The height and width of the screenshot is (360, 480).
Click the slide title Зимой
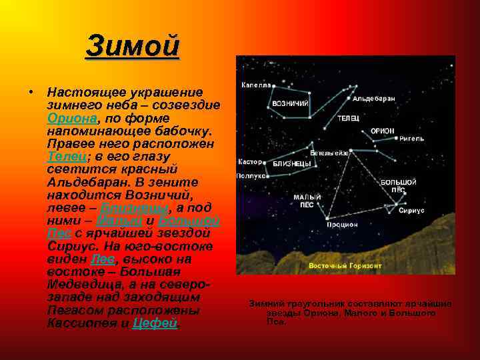point(133,47)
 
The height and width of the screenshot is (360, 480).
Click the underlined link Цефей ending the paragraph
point(155,323)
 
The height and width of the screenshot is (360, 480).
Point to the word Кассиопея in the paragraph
point(80,323)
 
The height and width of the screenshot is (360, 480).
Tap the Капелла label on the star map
point(256,85)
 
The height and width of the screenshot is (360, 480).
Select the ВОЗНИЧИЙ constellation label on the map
point(290,103)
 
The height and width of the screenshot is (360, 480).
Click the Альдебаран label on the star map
point(374,99)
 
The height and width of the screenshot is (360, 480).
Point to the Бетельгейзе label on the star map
point(329,152)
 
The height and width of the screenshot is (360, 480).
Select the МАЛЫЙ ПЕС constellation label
point(307,201)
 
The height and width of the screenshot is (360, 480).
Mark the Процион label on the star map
point(342,225)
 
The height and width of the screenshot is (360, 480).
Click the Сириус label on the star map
point(411,210)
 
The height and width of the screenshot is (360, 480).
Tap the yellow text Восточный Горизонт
point(345,265)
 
